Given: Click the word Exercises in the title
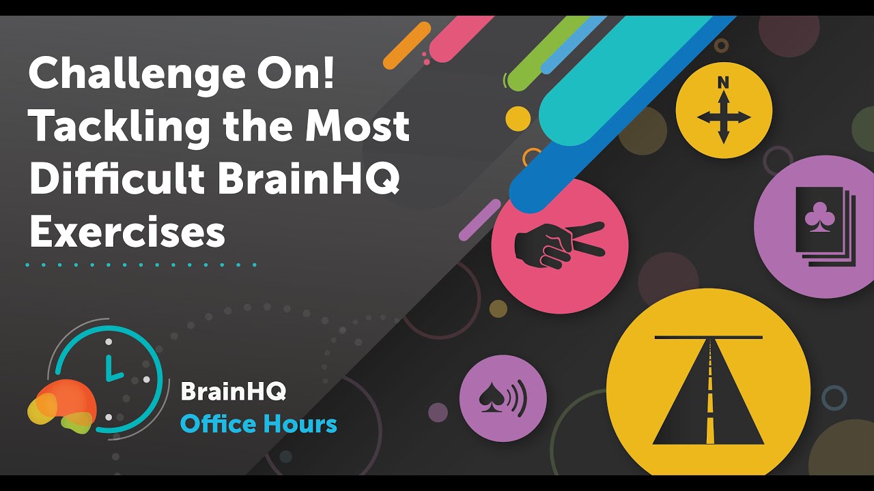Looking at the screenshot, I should [x=127, y=232].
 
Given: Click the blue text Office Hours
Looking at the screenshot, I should [x=258, y=424].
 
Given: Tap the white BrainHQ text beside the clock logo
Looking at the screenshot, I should [x=233, y=392].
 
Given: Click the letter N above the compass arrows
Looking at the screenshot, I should [x=723, y=83].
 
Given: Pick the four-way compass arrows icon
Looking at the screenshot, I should [x=723, y=118].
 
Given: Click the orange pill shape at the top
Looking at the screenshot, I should [x=407, y=46].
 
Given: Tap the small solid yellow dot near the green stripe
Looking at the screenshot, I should [x=518, y=119].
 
